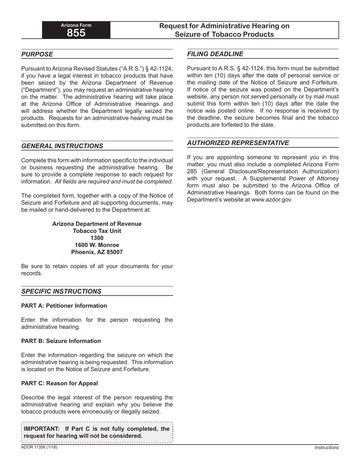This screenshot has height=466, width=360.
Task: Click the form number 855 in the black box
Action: pyautogui.click(x=76, y=33)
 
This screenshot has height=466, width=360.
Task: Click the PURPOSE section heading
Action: pyautogui.click(x=37, y=54)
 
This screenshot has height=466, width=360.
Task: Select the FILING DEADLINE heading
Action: pyautogui.click(x=215, y=54)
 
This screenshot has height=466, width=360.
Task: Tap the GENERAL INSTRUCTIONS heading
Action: pyautogui.click(x=62, y=146)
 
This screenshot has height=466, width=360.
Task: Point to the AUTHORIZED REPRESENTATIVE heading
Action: pyautogui.click(x=238, y=143)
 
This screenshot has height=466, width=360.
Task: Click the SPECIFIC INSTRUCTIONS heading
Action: pyautogui.click(x=61, y=291)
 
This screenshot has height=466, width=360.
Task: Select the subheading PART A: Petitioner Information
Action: pyautogui.click(x=64, y=306)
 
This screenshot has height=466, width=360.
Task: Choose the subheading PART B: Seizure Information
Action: pyautogui.click(x=61, y=341)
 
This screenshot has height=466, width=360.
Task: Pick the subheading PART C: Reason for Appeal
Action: pyautogui.click(x=59, y=383)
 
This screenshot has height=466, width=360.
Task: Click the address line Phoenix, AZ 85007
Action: pyautogui.click(x=97, y=252)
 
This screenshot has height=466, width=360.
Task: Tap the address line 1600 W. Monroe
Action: pyautogui.click(x=97, y=245)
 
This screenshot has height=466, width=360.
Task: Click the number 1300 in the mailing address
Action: pyautogui.click(x=97, y=238)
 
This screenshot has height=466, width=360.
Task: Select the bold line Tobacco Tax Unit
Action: pyautogui.click(x=97, y=231)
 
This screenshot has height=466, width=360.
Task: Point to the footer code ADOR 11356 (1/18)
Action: pyautogui.click(x=39, y=447)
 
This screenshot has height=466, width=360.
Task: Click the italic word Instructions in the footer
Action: pyautogui.click(x=327, y=448)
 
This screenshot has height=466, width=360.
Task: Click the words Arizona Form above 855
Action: pyautogui.click(x=76, y=25)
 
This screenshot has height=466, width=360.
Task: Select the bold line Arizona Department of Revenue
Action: pyautogui.click(x=97, y=224)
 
